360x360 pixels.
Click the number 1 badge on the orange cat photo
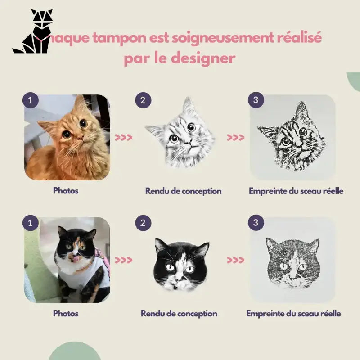pos(30,100)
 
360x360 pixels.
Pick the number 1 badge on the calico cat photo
pos(30,222)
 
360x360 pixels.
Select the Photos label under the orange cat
pos(66,191)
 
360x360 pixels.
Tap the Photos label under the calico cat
pos(66,313)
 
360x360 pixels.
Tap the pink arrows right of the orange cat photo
pos(124,138)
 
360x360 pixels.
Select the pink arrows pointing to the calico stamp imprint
pos(235,260)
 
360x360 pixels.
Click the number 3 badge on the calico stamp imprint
pos(256,222)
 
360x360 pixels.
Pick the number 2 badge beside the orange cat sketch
pos(143,100)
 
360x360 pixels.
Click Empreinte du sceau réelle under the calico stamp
pos(293,313)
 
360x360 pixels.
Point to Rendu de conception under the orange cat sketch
pos(183,191)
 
